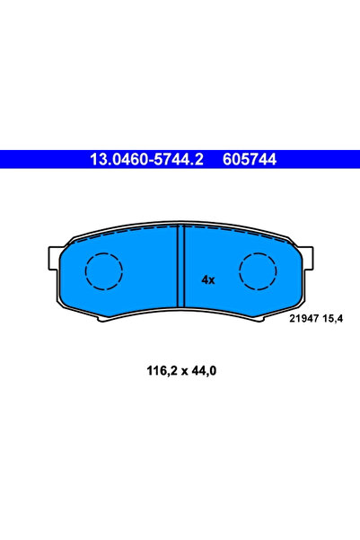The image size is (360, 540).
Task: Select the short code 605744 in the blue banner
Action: coord(245,160)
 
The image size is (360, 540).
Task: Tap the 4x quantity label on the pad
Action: coord(208,279)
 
